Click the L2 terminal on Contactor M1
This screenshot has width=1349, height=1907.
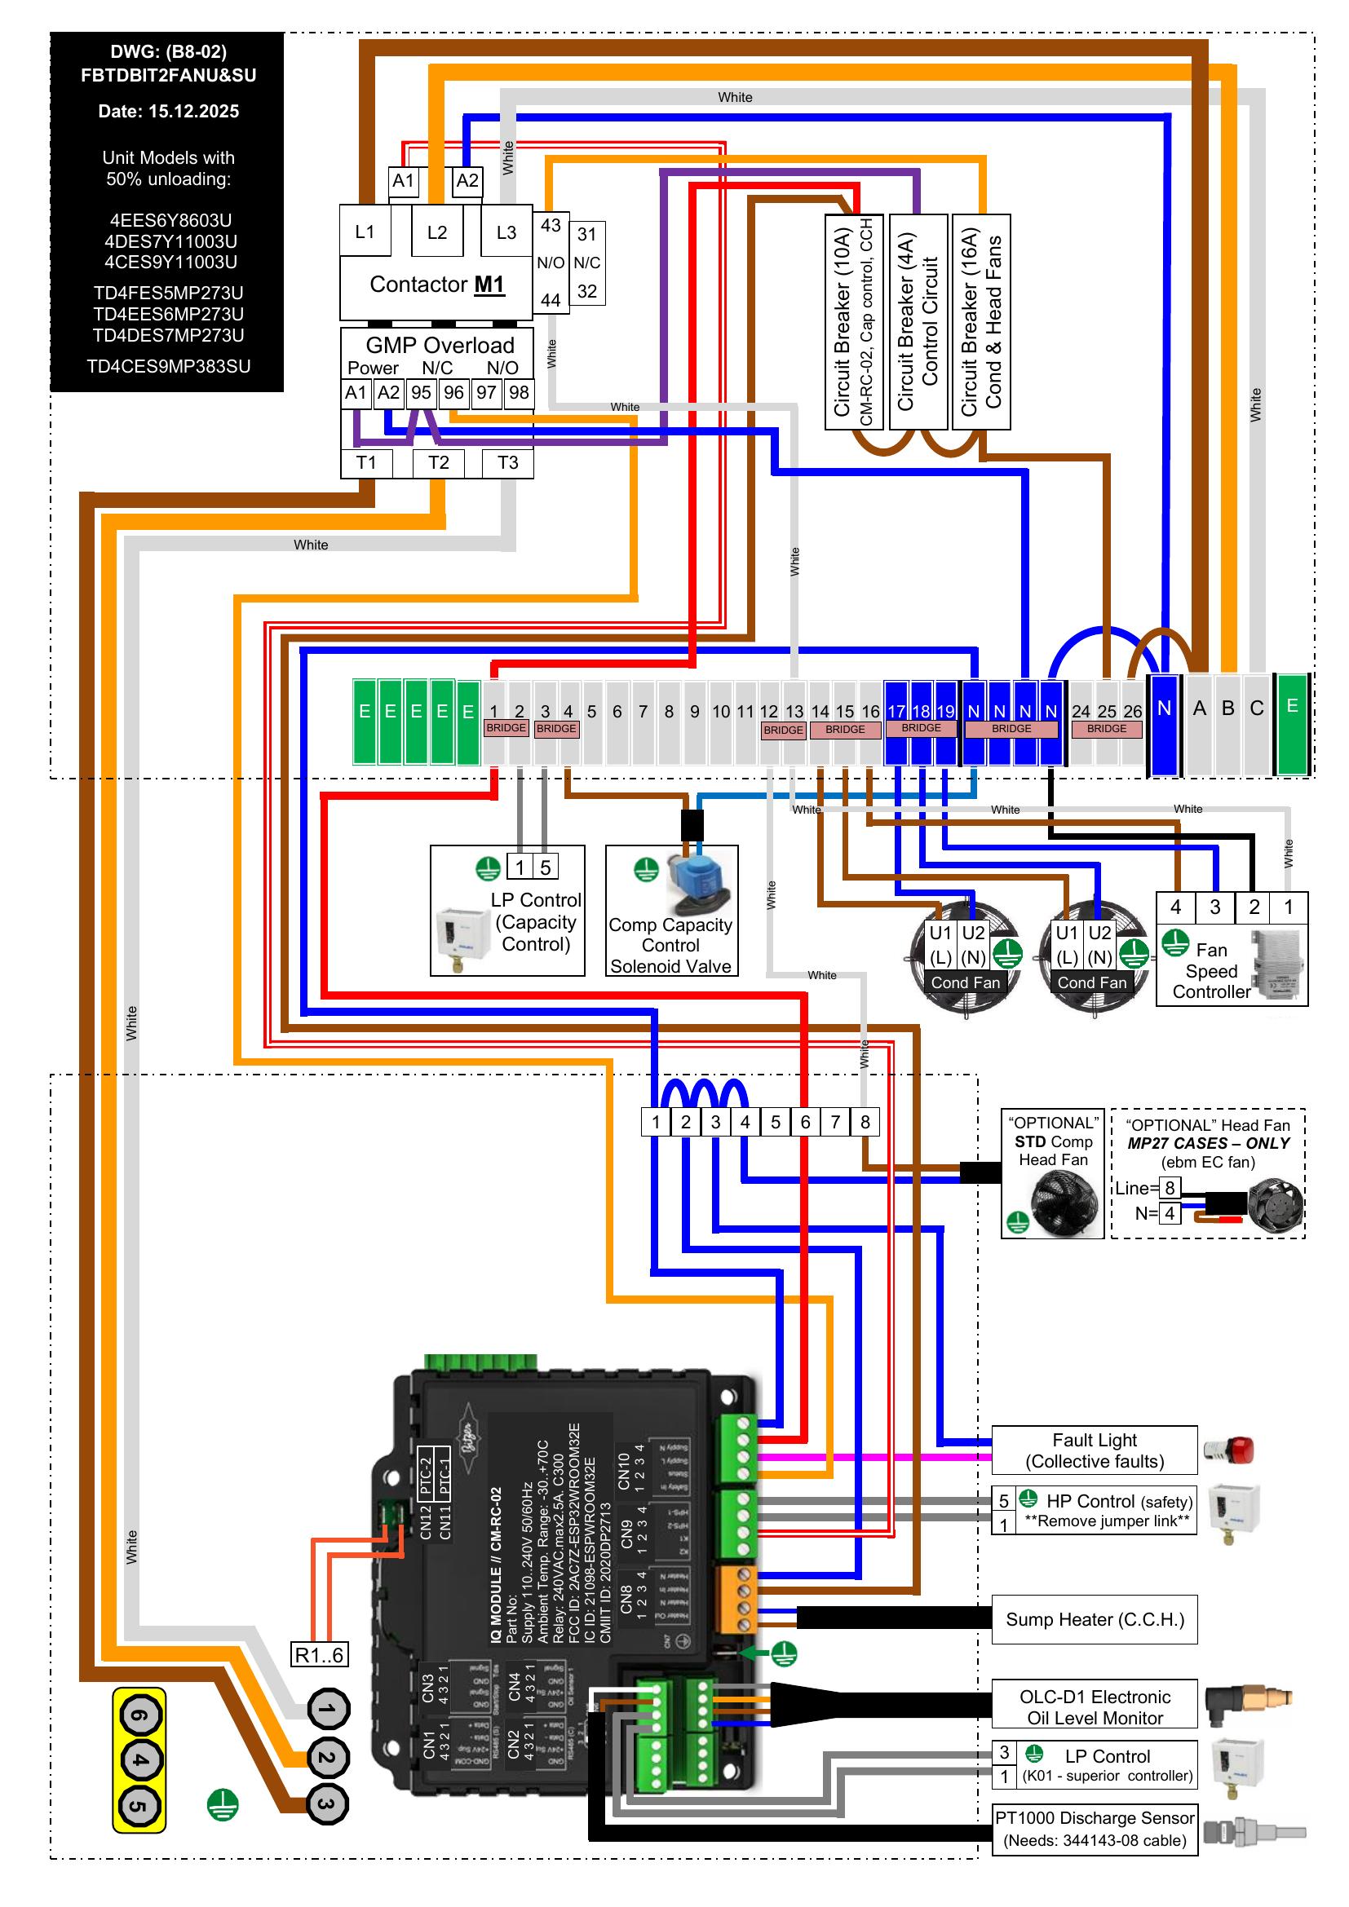point(437,232)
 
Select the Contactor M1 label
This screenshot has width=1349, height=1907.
point(437,285)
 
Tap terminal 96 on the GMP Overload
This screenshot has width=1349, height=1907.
point(453,393)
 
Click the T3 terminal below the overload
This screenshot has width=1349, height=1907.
point(507,462)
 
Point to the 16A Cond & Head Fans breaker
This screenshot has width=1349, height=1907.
point(981,322)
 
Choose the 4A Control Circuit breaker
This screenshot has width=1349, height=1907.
point(918,322)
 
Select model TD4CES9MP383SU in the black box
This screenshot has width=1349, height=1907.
point(168,366)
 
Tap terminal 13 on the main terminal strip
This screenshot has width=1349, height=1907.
point(794,712)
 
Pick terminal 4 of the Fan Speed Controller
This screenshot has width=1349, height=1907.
point(1175,907)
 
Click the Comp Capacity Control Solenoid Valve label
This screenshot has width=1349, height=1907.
point(670,945)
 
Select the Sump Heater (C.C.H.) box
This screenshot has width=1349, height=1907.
point(1094,1619)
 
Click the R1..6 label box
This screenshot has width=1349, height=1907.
point(319,1654)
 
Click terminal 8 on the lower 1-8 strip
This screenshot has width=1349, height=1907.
point(865,1122)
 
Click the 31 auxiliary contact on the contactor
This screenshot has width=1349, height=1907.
point(586,234)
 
